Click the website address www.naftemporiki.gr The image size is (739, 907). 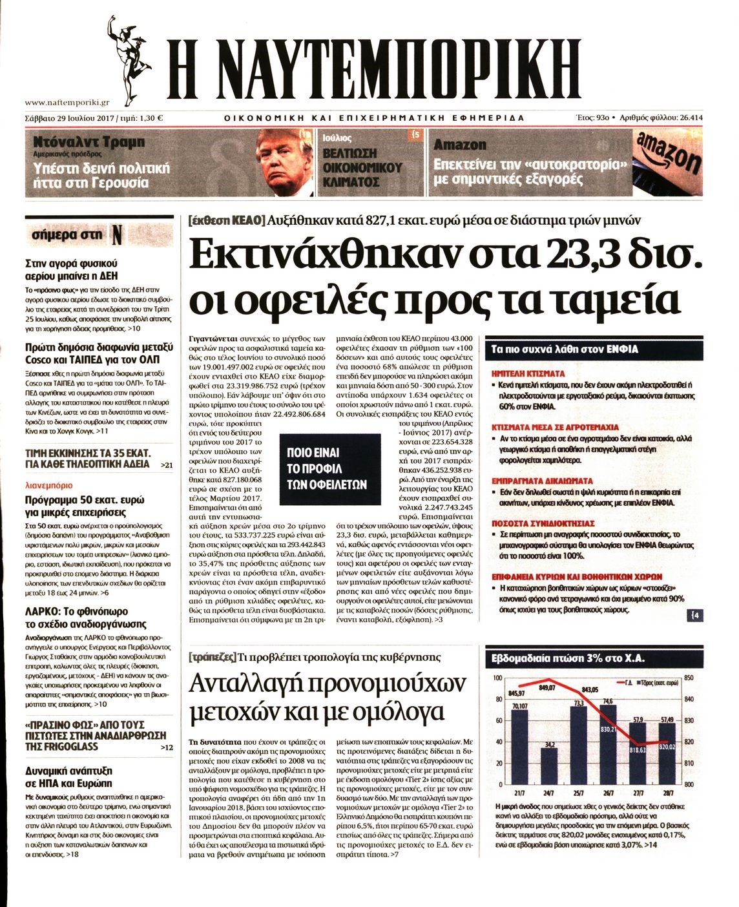[x=67, y=101]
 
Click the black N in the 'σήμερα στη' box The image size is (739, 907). [x=117, y=236]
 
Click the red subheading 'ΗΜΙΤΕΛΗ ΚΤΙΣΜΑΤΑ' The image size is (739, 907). [x=528, y=373]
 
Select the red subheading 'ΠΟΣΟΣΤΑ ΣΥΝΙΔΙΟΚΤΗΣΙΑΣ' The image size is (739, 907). [x=543, y=523]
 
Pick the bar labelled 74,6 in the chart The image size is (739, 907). [x=608, y=743]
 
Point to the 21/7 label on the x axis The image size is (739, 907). [x=519, y=793]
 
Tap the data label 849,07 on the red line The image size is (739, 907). [x=546, y=687]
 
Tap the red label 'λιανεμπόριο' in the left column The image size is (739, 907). [x=48, y=485]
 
